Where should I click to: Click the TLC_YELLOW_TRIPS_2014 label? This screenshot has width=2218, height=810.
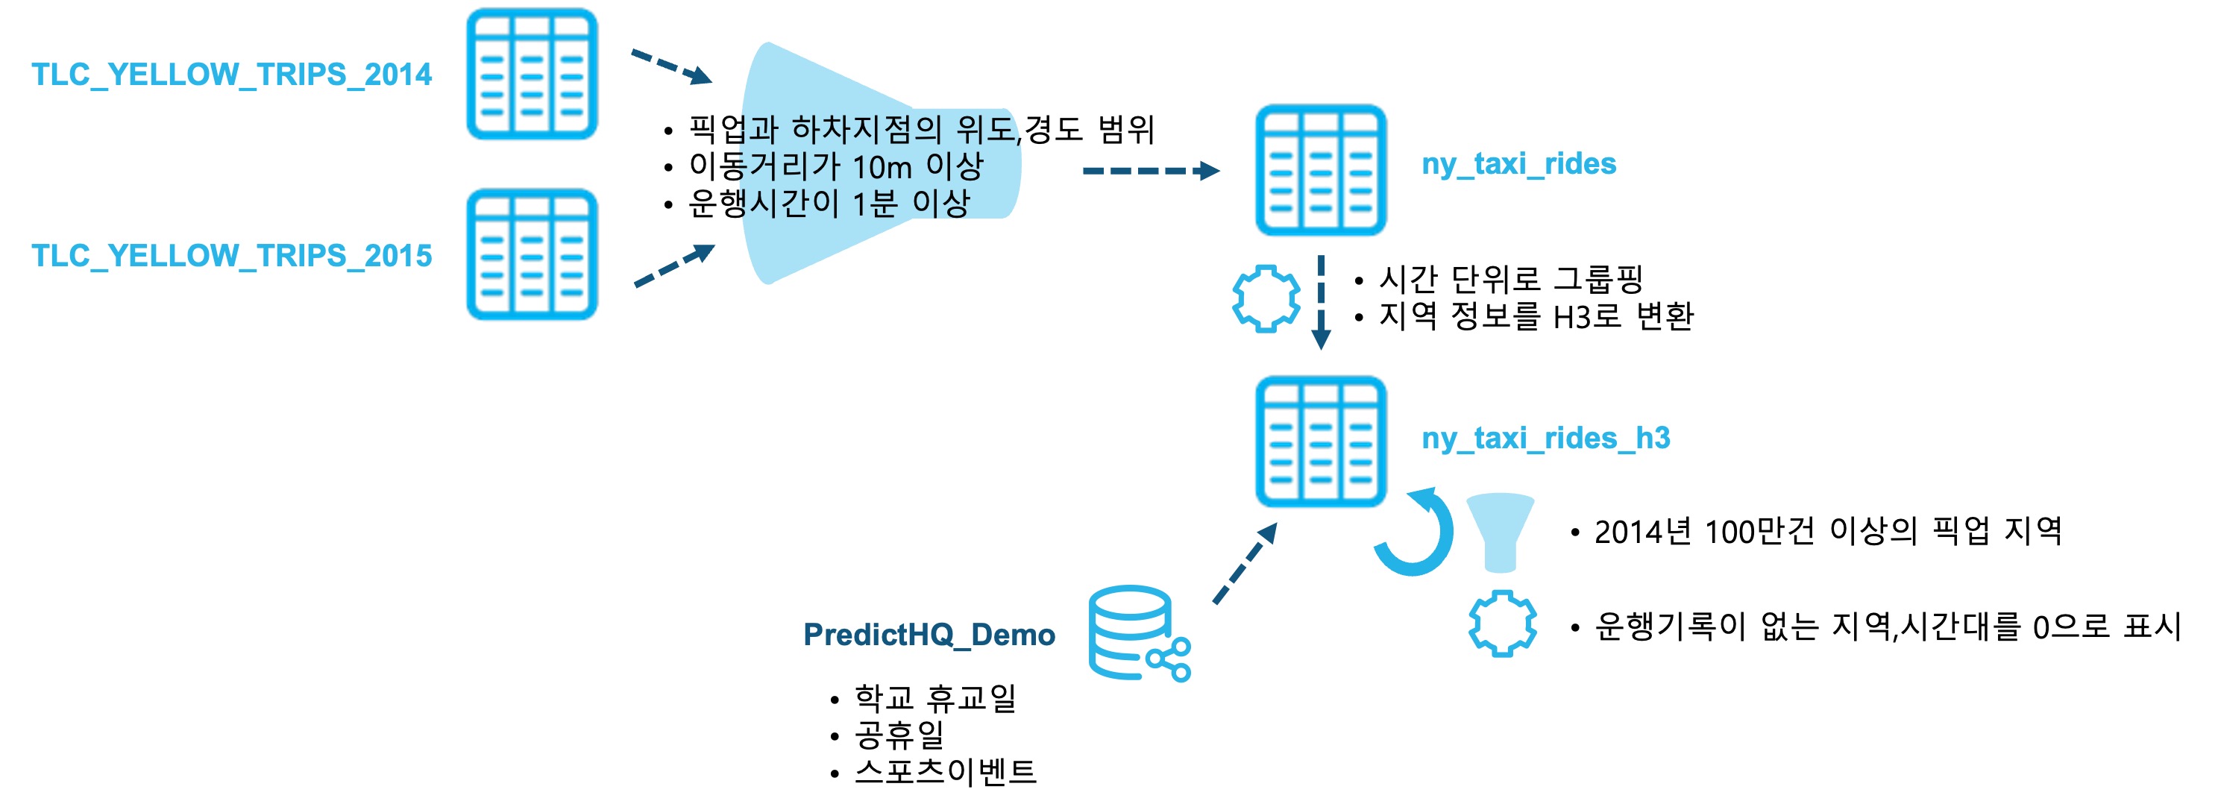[230, 75]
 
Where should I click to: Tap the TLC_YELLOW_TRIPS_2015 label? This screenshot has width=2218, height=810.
[230, 256]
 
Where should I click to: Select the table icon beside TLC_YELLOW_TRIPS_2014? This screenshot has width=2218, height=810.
[531, 74]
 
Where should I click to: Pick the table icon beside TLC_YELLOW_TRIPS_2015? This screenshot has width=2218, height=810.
[531, 255]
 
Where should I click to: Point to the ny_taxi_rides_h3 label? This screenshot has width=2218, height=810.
[1545, 438]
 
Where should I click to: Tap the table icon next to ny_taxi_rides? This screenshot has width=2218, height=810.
[1320, 171]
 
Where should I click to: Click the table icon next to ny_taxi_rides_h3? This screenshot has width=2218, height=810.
[1320, 442]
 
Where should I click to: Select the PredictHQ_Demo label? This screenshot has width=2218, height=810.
[929, 635]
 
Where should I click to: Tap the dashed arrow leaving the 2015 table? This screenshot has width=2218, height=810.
[673, 266]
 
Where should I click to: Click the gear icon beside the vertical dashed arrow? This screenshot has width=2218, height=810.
[1265, 298]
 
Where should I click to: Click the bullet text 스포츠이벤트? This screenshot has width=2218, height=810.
[944, 771]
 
